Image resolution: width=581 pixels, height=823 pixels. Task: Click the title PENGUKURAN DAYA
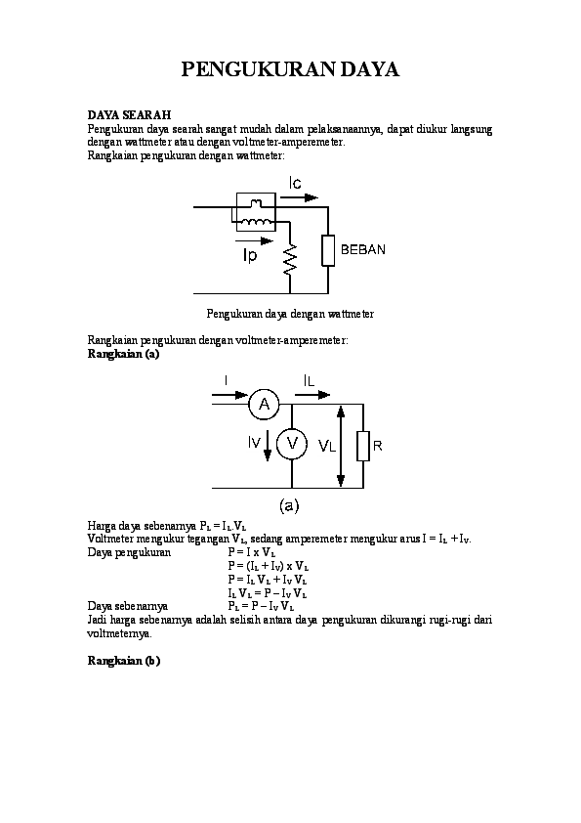pos(290,69)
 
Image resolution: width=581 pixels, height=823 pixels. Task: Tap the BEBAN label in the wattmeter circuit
pos(362,249)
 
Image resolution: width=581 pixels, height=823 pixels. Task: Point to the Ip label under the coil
pos(251,256)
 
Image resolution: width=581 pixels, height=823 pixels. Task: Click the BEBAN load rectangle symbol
pos(328,250)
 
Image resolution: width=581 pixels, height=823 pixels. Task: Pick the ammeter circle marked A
pos(263,403)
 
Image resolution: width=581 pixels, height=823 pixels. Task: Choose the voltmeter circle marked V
pos(291,446)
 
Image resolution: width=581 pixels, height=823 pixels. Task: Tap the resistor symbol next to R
pos(362,446)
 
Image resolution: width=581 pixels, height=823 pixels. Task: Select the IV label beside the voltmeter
pos(254,444)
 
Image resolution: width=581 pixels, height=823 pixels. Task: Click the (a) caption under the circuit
pos(290,505)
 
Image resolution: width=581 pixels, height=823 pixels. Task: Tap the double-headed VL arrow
pos(340,445)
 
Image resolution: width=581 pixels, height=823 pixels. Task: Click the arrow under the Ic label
pos(297,197)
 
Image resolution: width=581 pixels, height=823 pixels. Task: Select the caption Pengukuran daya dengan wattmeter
pos(290,314)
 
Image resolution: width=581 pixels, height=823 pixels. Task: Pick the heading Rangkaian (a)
pos(123,354)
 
